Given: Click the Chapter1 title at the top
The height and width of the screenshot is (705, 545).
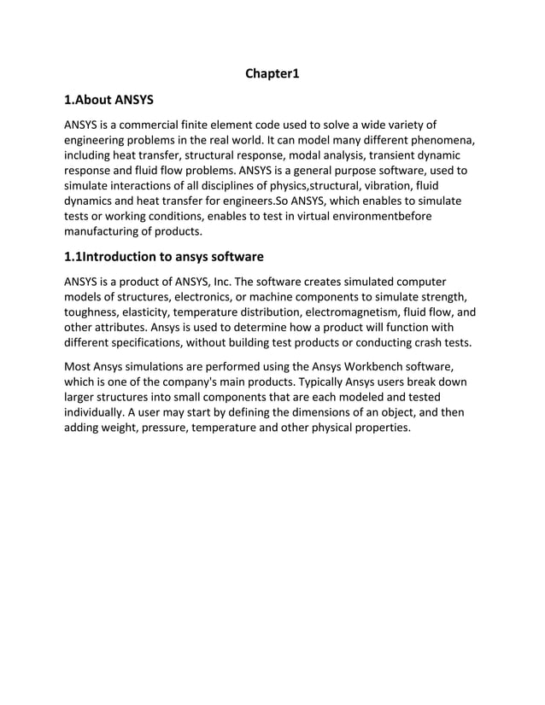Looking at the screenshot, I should coord(272,74).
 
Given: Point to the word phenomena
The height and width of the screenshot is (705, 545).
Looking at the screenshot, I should coord(439,140).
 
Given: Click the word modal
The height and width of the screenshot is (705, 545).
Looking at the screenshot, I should coord(318,155).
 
